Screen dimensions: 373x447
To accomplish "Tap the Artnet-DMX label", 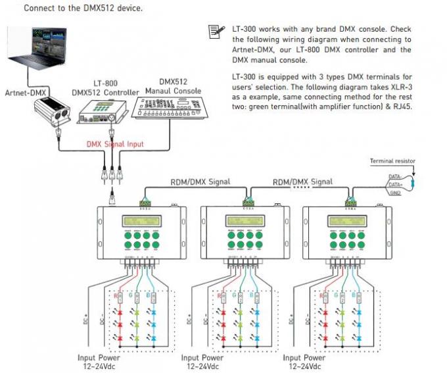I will click(x=24, y=92).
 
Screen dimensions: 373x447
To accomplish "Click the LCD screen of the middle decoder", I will click(x=247, y=220).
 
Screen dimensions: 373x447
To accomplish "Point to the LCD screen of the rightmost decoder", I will click(x=350, y=220).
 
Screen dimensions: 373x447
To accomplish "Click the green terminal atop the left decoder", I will click(x=146, y=203).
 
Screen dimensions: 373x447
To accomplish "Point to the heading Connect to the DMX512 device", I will click(x=74, y=9).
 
